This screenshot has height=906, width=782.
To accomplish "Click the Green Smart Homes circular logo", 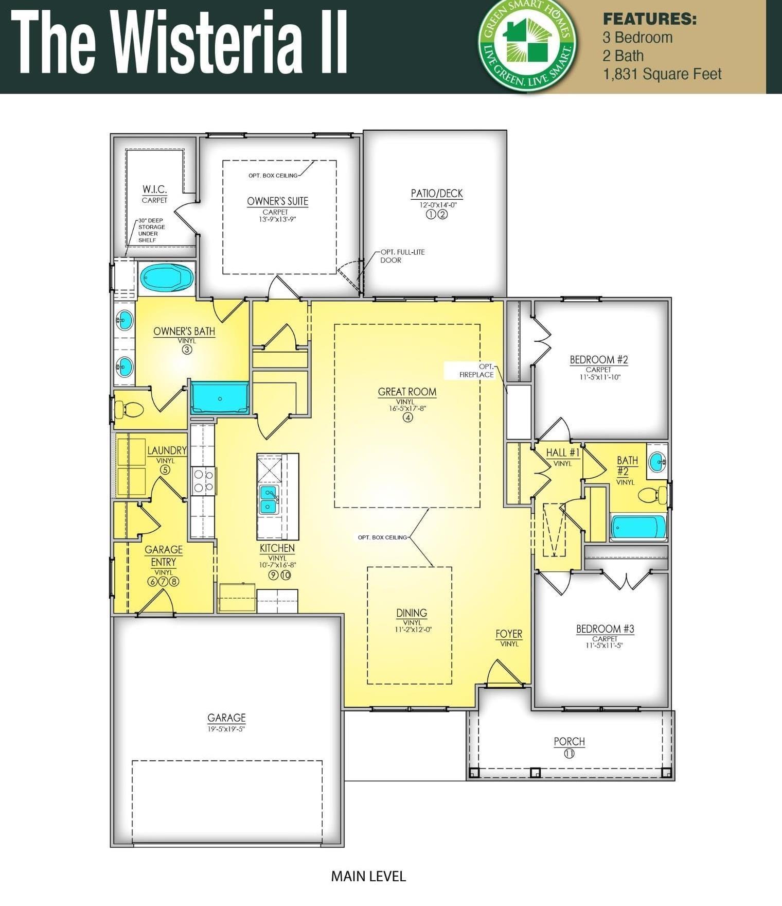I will coord(528,45).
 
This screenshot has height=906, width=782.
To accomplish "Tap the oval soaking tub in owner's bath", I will coord(167,278).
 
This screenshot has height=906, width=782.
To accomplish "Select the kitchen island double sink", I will coord(269,499).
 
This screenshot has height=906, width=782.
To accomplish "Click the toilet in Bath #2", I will coord(651,495).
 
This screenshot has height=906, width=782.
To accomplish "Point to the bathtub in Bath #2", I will coord(638,528).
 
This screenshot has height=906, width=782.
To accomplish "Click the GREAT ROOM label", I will coord(407,392).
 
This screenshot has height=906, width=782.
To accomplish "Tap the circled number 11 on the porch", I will coord(569,754).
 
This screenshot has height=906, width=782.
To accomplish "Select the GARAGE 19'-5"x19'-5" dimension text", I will coord(226,728).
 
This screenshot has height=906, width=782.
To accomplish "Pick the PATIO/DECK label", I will coord(436,194).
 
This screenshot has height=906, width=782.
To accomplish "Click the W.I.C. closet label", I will coord(154,189).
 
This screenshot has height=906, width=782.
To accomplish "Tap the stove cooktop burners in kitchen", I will coord(203,481).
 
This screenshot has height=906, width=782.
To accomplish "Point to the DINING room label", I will coord(411,613).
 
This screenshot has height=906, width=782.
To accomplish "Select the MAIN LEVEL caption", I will coord(368,876).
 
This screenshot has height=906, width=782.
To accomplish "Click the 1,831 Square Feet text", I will coord(662,74).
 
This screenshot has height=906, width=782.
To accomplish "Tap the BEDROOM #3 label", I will coord(605,629).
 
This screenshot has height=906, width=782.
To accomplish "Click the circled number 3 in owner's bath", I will coord(187,350).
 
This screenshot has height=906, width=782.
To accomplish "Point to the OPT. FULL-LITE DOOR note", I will coord(402,256).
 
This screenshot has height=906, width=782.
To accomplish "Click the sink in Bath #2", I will coord(656,461).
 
